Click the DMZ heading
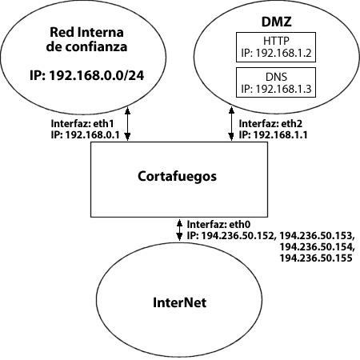[x=276, y=22]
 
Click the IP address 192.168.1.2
[x=283, y=53]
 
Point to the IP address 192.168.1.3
[x=283, y=89]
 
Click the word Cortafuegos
[x=177, y=177]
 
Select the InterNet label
[x=179, y=302]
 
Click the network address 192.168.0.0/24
[x=97, y=75]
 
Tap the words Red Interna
[x=86, y=32]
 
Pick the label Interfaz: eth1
[x=82, y=124]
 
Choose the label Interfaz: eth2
[x=270, y=124]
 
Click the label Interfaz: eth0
[x=218, y=225]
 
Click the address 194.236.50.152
[x=237, y=236]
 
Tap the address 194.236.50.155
[x=316, y=258]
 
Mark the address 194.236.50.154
[x=316, y=247]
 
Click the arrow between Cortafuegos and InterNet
[x=179, y=230]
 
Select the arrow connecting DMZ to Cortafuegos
[x=231, y=124]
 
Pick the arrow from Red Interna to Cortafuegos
[x=127, y=124]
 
